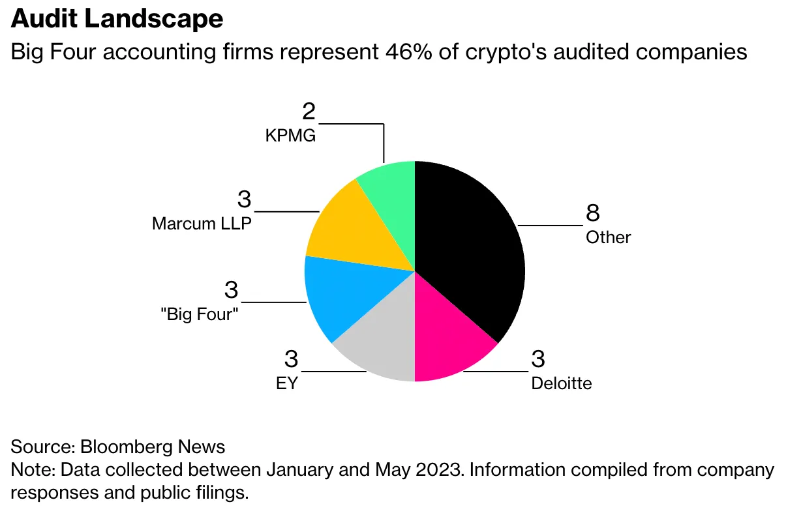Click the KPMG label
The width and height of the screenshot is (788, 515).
coord(290,136)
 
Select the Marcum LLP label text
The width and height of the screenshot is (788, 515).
coord(202,224)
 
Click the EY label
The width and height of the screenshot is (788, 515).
coord(286,383)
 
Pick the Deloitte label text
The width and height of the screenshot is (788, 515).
coord(561,383)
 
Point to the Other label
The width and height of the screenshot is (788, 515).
coord(608,237)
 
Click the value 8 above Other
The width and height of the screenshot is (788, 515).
coord(592,213)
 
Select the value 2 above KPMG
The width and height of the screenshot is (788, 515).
coord(309,111)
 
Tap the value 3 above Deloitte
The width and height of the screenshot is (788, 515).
coord(538,359)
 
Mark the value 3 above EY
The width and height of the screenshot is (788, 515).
coord(291,359)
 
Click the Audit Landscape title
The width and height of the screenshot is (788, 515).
coord(117,20)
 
